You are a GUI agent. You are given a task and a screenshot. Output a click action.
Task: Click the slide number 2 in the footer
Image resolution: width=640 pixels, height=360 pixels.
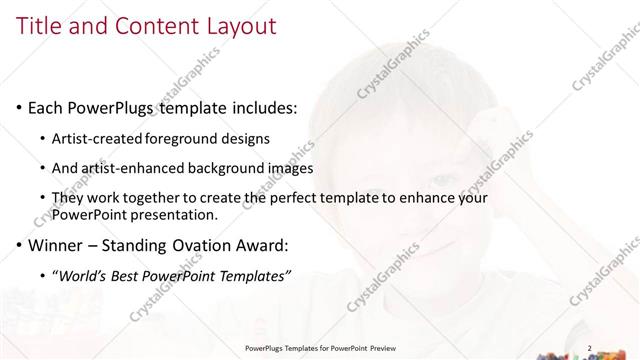589,348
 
